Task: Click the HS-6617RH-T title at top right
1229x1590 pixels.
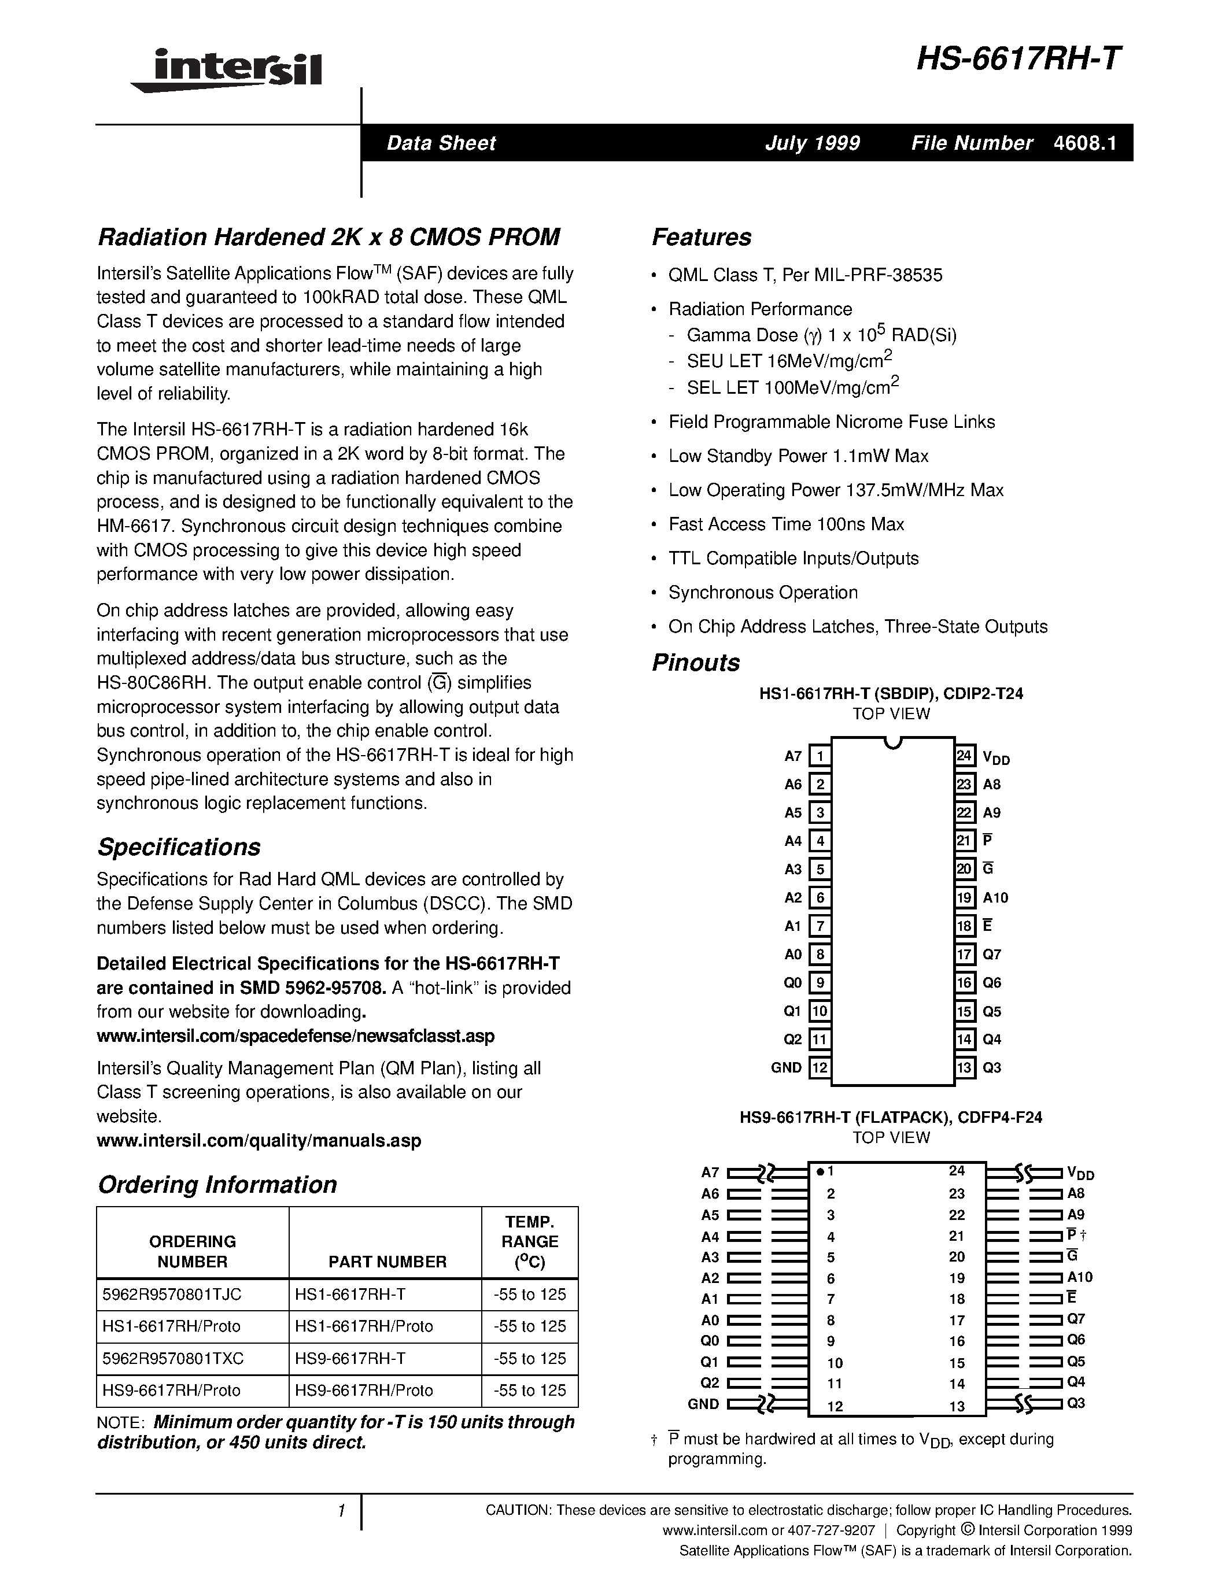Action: point(1018,59)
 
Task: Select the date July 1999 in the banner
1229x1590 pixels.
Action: point(812,143)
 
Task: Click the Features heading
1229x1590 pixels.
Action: point(701,237)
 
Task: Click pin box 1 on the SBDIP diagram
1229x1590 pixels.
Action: point(820,756)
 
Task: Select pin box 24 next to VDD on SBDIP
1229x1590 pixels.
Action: point(964,756)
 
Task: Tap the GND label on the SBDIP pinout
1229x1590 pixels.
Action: point(787,1067)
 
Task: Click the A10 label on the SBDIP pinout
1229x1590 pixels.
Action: point(995,898)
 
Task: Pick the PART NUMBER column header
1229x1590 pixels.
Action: point(387,1262)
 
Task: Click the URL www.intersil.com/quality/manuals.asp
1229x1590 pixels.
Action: point(259,1140)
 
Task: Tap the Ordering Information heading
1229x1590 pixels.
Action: point(217,1185)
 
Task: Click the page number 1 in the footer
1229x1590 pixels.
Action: point(341,1511)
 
